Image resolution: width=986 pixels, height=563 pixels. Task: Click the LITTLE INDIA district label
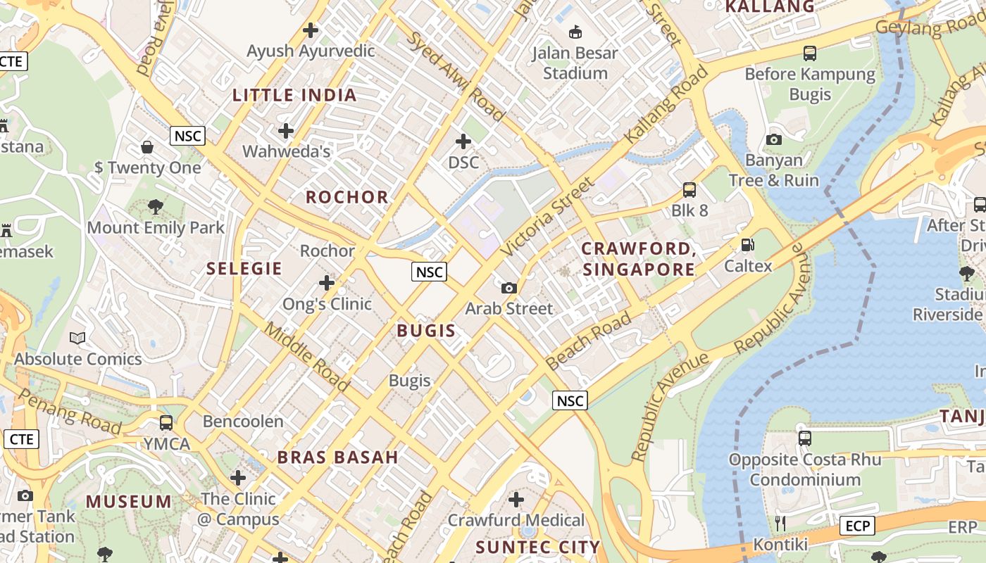tap(294, 95)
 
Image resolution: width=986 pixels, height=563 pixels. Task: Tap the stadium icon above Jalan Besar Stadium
tap(575, 32)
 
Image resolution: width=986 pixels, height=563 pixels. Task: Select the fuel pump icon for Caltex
tap(747, 245)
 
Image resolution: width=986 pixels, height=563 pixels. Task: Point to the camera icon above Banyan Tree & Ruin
tap(774, 139)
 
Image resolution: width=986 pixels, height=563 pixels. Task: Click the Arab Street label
tap(509, 308)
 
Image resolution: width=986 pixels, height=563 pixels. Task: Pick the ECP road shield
tap(856, 525)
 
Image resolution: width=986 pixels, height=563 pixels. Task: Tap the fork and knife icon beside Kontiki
tap(780, 523)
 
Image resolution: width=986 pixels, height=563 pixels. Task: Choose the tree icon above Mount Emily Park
tap(156, 207)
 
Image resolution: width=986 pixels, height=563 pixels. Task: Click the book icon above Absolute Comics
tap(77, 338)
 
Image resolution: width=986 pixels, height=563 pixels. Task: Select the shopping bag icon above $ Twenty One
tap(147, 146)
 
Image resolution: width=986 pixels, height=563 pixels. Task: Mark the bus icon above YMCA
tap(166, 422)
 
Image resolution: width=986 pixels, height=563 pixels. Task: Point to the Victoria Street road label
tap(548, 217)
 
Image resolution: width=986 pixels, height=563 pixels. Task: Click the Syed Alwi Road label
tap(456, 76)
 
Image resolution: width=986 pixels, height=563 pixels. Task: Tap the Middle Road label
tap(306, 357)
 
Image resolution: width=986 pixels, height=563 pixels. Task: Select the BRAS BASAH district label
tap(338, 457)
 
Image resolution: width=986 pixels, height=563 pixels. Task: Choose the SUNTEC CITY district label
tap(537, 547)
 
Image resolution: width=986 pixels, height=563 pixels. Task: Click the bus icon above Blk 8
tap(689, 189)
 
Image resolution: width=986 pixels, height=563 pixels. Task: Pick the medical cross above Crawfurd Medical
tap(516, 500)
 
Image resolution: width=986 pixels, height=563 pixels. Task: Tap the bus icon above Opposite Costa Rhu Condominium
tap(805, 438)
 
